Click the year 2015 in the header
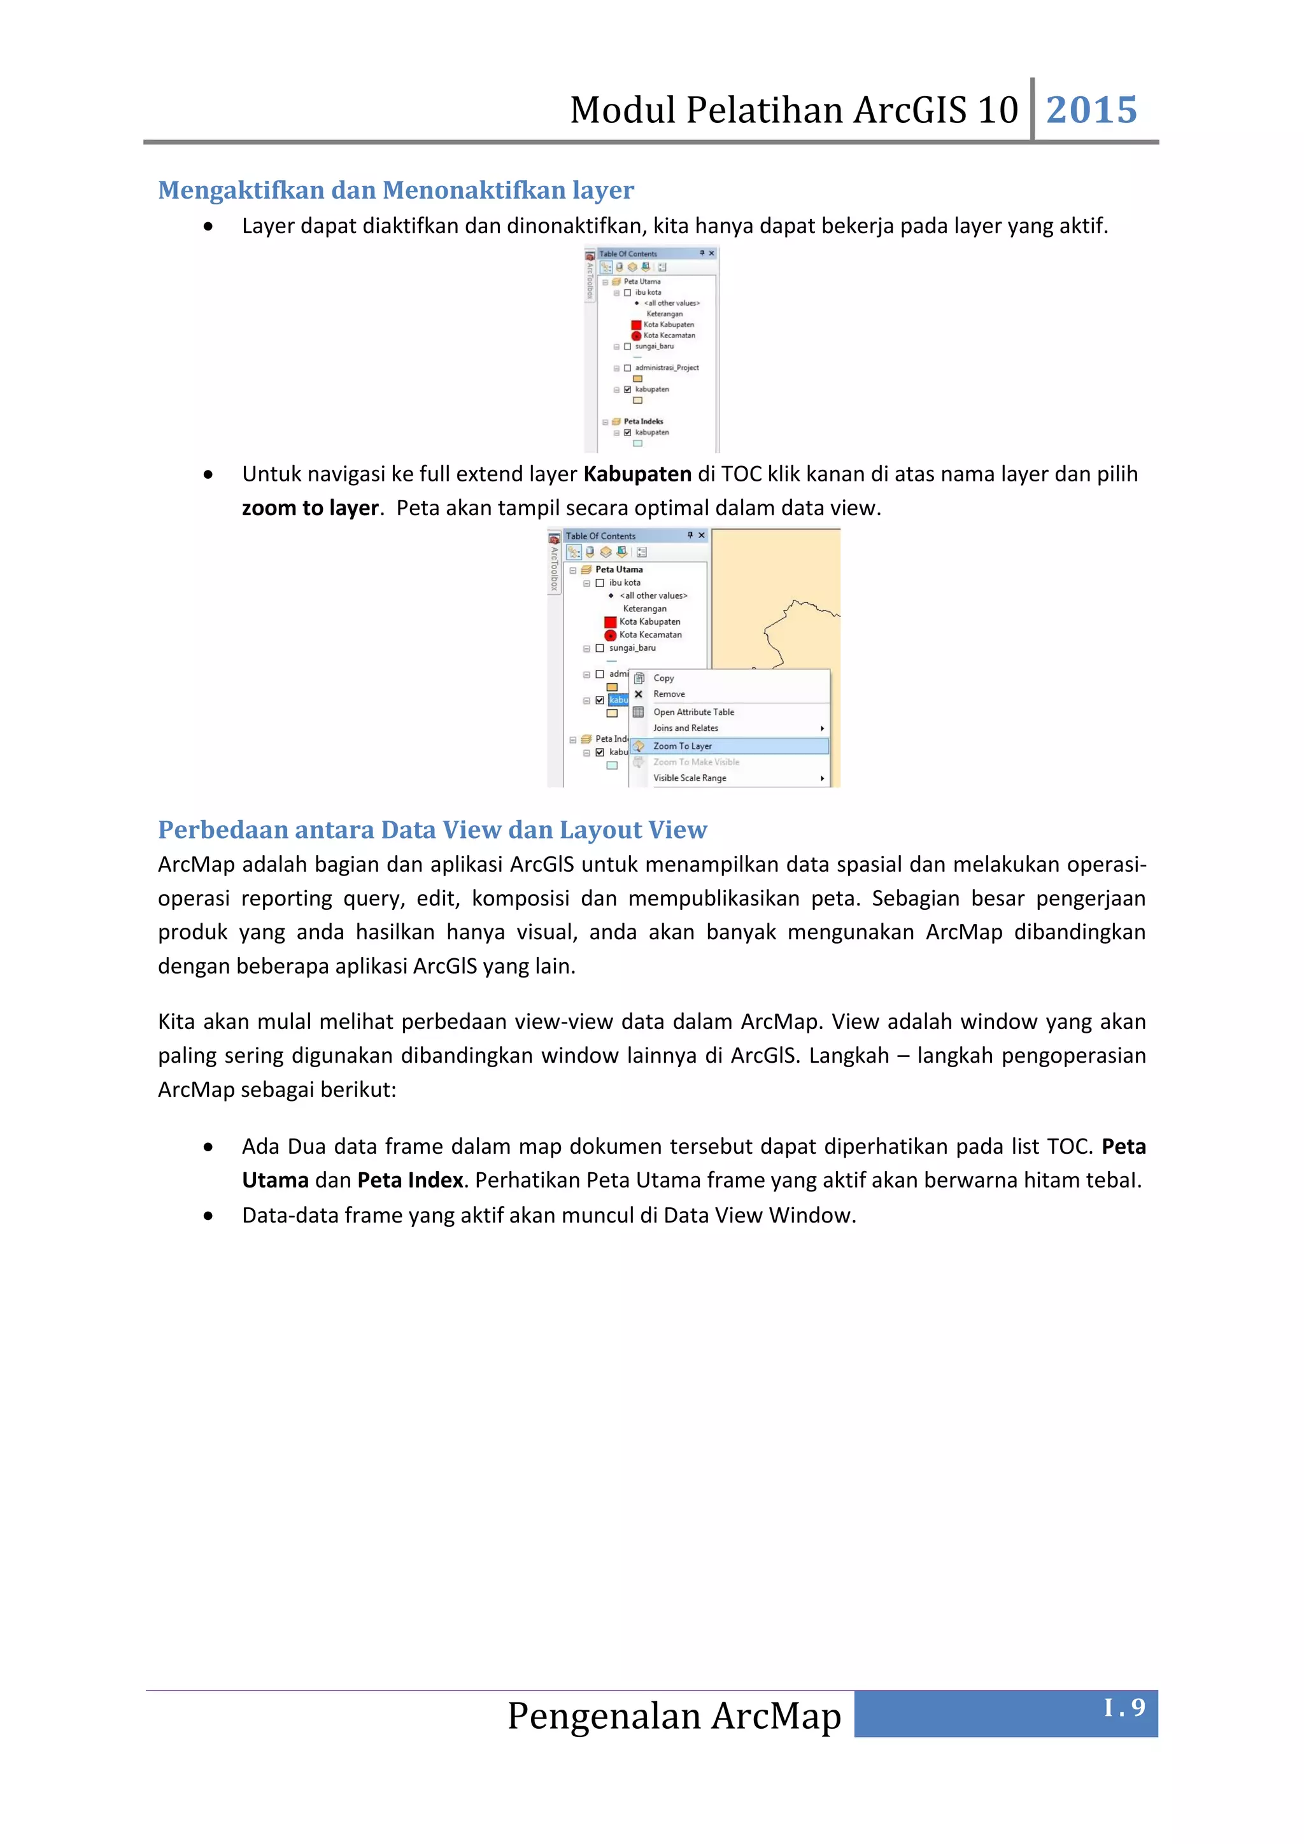(x=1091, y=110)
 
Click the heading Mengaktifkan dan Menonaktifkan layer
(x=396, y=190)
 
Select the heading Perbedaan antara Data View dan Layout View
(x=432, y=830)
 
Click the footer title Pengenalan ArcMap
(x=674, y=1715)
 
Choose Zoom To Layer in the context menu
(x=682, y=746)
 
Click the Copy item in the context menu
(x=663, y=678)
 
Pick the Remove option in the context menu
(x=669, y=694)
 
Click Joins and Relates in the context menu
(x=685, y=728)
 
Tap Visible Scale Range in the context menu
(x=689, y=778)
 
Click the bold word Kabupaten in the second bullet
(x=637, y=474)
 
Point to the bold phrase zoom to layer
(x=310, y=508)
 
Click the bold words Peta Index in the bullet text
(x=409, y=1181)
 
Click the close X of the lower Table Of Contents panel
(x=701, y=535)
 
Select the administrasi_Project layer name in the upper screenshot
(x=667, y=368)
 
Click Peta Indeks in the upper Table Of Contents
(x=643, y=422)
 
